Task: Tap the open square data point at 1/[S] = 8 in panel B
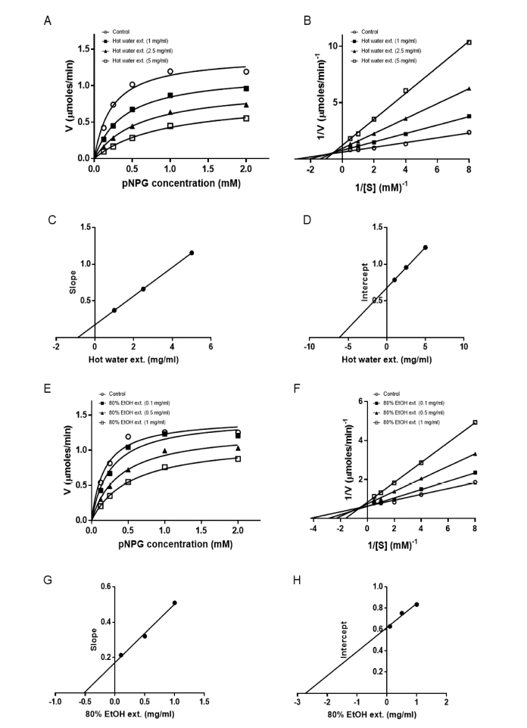point(469,42)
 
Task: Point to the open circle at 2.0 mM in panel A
point(246,72)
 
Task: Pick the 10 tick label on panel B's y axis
point(320,45)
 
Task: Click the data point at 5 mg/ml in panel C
point(192,253)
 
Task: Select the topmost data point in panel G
point(175,603)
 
